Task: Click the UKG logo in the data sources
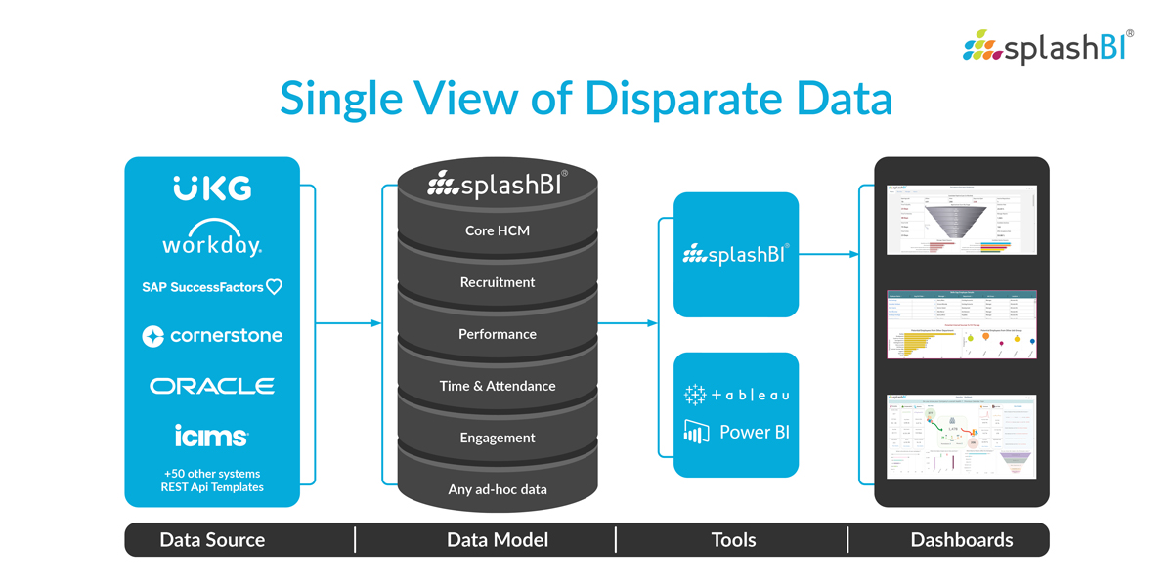[212, 188]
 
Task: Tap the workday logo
[212, 241]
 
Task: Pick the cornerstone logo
[212, 336]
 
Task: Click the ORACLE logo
[212, 386]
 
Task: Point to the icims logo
[212, 435]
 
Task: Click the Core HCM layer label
[498, 230]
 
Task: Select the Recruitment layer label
[498, 282]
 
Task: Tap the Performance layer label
[498, 334]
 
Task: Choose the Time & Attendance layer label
[498, 386]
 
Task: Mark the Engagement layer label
[498, 438]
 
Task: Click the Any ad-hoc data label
[498, 489]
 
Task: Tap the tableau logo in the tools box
[736, 395]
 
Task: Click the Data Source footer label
[212, 540]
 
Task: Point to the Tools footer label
[734, 540]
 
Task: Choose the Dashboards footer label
[962, 540]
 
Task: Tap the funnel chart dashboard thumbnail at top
[961, 219]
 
